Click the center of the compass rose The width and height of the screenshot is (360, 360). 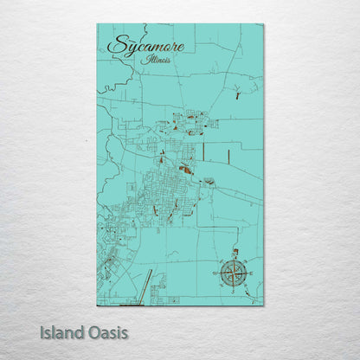(x=233, y=272)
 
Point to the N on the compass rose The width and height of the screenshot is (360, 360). (x=233, y=252)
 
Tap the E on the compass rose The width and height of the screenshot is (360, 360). (x=253, y=272)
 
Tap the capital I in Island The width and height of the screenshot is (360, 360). (x=42, y=332)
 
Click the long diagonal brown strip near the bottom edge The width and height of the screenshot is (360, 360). (x=146, y=285)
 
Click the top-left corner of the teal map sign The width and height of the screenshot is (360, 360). (x=97, y=24)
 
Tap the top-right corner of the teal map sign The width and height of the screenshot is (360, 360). (x=263, y=24)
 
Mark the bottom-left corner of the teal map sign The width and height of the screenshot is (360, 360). (x=97, y=305)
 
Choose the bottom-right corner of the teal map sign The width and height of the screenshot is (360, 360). (x=263, y=305)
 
